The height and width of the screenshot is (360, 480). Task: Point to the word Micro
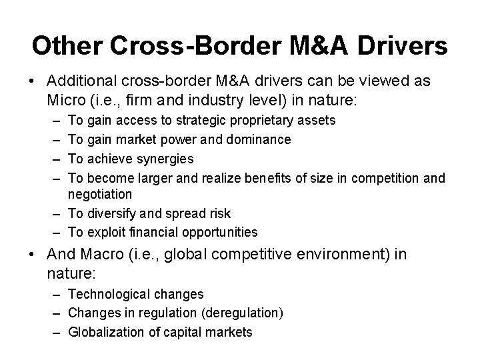tap(65, 100)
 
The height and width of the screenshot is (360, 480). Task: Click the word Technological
tap(111, 294)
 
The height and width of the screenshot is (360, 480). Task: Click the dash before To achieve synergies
tap(54, 158)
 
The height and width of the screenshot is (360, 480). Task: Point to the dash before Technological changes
tap(54, 294)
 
